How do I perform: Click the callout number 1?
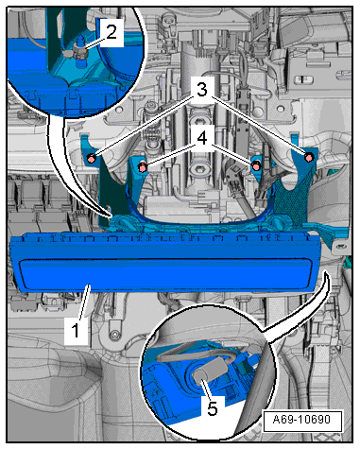click(76, 331)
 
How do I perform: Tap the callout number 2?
click(111, 32)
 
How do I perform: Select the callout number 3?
click(202, 90)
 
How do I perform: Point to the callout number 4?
click(202, 138)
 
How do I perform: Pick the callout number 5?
click(213, 408)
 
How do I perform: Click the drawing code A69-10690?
click(301, 420)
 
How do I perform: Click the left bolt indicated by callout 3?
click(91, 159)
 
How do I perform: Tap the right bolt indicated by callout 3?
click(309, 157)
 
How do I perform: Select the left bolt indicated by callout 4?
click(143, 167)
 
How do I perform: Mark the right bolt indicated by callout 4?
click(256, 166)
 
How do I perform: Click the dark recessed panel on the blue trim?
click(165, 273)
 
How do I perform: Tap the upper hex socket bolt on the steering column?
click(199, 122)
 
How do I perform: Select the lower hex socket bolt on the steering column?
click(199, 168)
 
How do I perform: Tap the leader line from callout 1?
click(83, 302)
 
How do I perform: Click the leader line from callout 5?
click(205, 390)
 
